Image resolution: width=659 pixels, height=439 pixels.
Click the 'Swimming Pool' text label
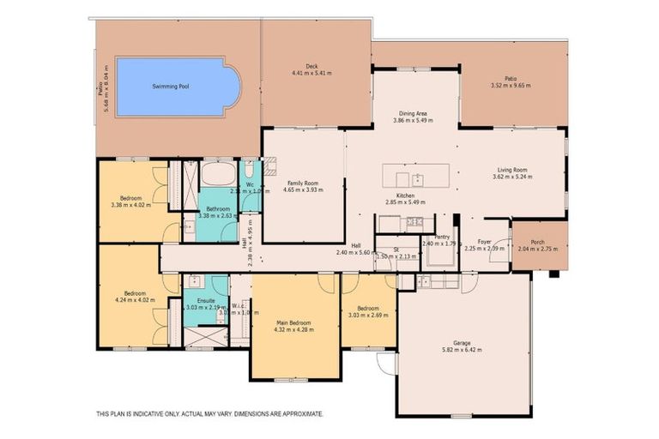click(x=169, y=87)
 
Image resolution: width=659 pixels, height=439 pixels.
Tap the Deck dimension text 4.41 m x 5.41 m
click(x=311, y=73)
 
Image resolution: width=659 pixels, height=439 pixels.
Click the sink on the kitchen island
click(x=416, y=179)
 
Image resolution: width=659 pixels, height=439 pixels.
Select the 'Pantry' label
click(x=443, y=237)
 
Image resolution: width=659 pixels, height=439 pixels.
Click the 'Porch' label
click(x=538, y=242)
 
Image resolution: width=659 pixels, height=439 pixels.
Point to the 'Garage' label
click(x=462, y=343)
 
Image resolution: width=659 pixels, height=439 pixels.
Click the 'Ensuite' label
click(x=206, y=300)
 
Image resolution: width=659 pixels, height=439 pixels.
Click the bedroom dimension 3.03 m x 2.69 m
click(x=368, y=315)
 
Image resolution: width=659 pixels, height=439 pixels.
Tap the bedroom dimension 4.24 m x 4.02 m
click(x=133, y=299)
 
